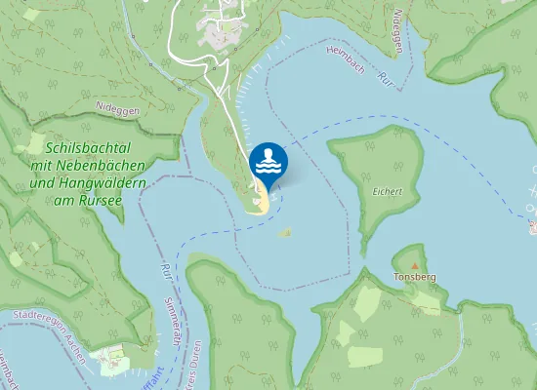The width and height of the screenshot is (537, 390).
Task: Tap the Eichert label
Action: point(388,191)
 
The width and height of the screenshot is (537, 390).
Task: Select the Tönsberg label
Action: point(414,277)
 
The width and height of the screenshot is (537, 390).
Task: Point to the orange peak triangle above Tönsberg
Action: point(415,265)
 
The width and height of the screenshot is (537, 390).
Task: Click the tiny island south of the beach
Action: point(285,233)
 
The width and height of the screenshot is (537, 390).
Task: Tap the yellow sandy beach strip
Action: point(262,202)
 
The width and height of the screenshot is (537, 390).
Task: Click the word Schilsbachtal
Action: point(90,147)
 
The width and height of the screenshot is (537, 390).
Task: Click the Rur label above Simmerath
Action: point(164,270)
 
